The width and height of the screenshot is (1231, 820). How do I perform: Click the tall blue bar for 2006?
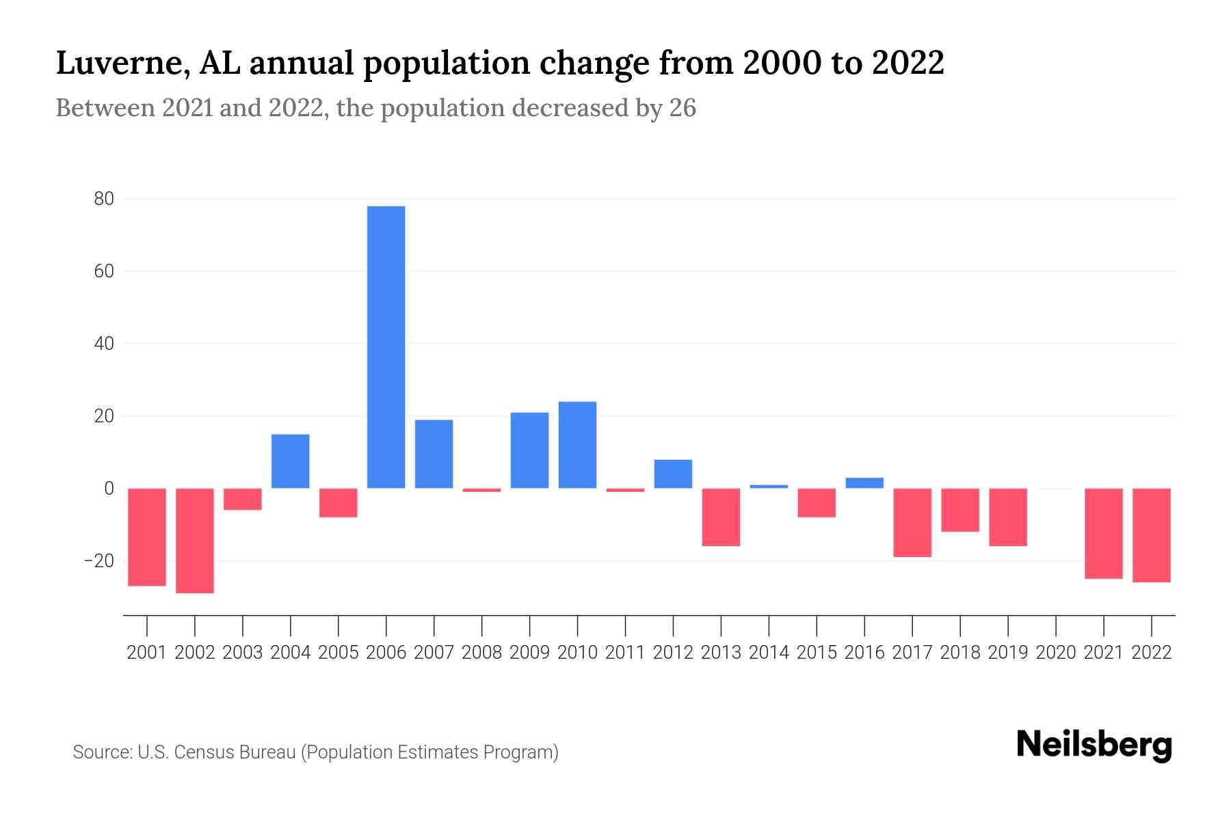(x=386, y=347)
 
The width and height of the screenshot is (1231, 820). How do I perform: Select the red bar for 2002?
(x=195, y=540)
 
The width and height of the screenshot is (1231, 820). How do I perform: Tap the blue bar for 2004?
(x=291, y=461)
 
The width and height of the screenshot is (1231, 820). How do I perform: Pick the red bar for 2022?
(x=1152, y=534)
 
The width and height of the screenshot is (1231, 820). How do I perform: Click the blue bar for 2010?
(x=577, y=445)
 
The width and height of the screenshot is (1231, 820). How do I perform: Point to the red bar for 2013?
(x=721, y=517)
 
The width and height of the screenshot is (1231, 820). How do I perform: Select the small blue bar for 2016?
(x=864, y=482)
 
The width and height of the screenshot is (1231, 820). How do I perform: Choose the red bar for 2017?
(x=912, y=522)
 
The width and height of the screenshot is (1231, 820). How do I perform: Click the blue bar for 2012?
(x=673, y=474)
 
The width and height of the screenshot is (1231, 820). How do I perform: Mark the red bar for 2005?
(x=339, y=502)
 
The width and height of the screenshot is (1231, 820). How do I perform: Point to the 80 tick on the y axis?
(x=104, y=199)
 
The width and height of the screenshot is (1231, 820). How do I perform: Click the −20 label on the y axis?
(x=98, y=561)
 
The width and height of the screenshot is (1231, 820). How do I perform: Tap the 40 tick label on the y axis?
(x=104, y=344)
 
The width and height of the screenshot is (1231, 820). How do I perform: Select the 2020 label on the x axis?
(x=1056, y=653)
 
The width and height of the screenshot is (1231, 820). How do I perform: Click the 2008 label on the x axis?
(x=481, y=653)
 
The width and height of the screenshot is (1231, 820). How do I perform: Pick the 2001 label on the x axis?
(x=147, y=653)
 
